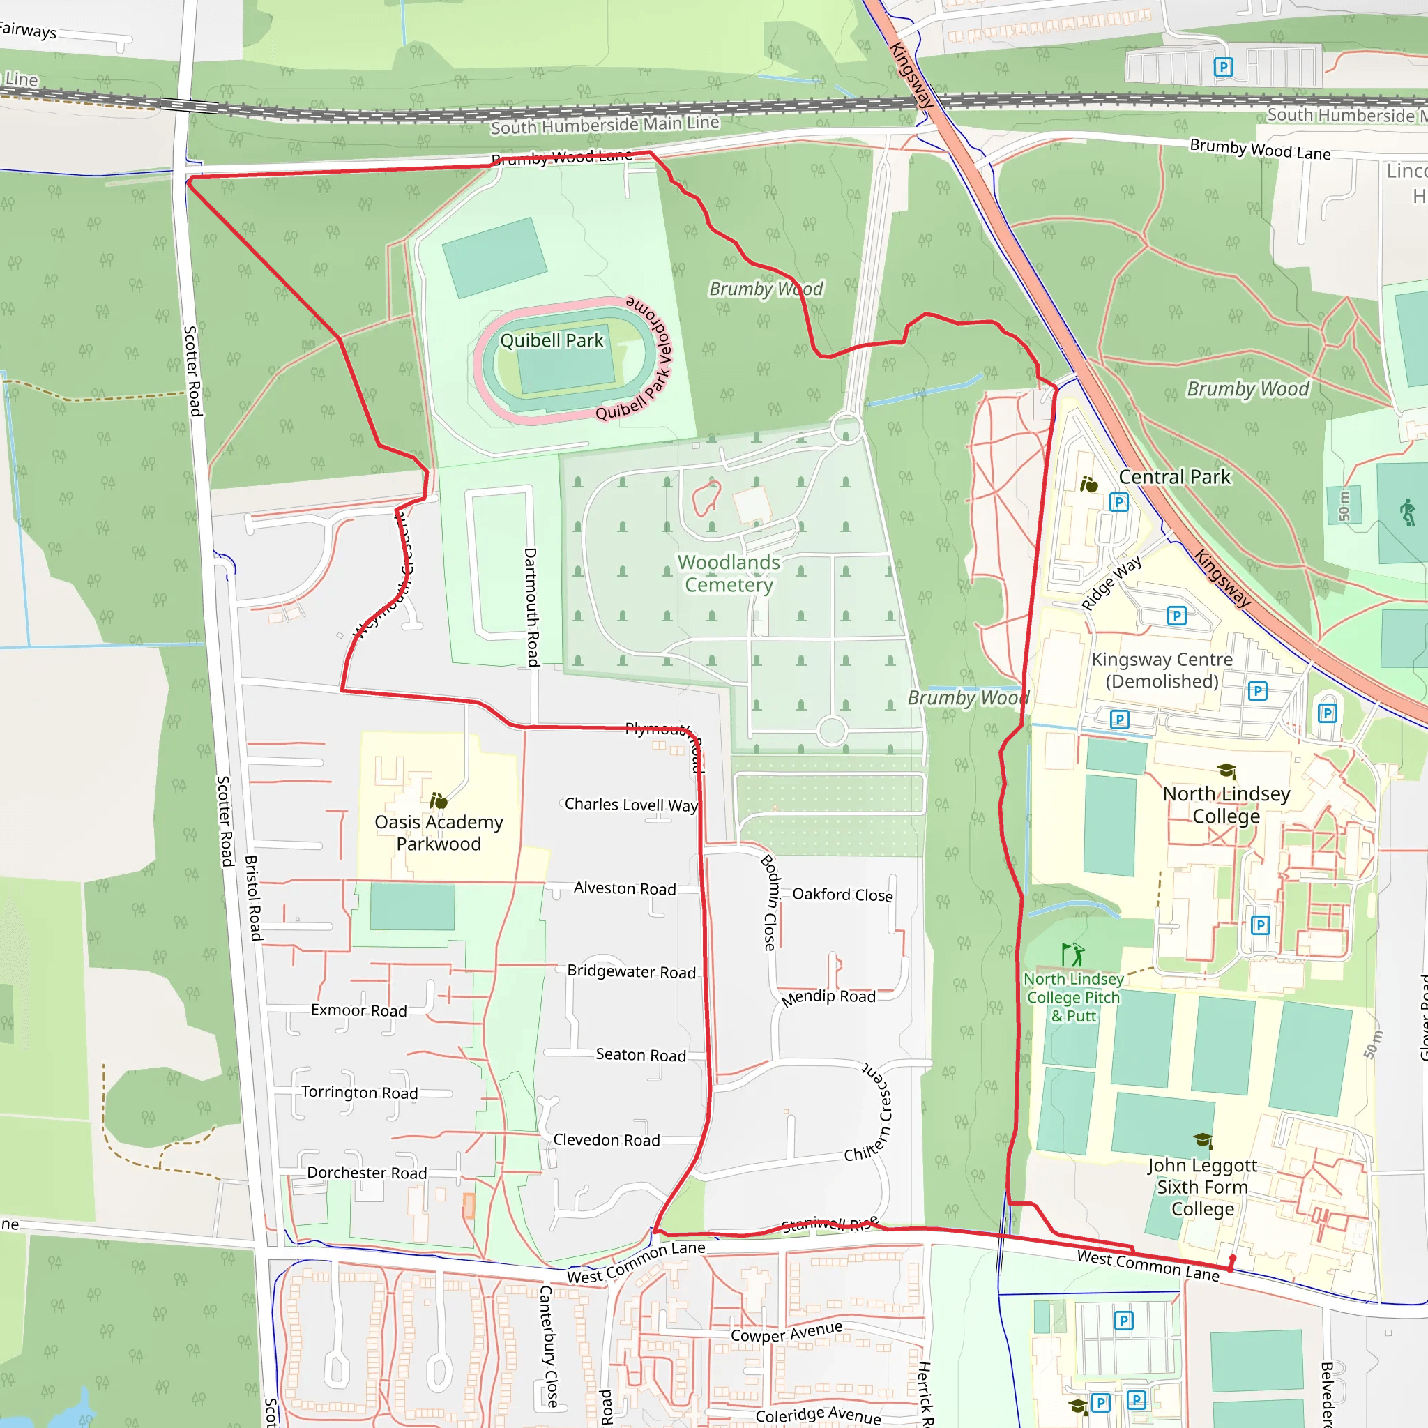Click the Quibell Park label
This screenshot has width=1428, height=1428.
click(552, 341)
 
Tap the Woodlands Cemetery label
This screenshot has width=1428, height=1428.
click(729, 574)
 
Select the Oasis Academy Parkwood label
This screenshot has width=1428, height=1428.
click(439, 833)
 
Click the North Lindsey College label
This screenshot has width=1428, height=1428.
click(1226, 805)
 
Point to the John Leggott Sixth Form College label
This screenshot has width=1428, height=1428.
click(1202, 1186)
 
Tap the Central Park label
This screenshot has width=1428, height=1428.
click(1174, 477)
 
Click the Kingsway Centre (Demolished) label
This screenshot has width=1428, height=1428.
click(1162, 670)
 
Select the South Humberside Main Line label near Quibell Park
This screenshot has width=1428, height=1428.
click(605, 125)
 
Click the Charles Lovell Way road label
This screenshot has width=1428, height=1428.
click(630, 804)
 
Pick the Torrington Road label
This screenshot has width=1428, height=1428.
click(359, 1093)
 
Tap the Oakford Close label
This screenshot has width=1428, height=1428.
click(842, 895)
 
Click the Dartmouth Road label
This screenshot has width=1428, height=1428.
click(531, 607)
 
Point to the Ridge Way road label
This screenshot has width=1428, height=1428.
click(1111, 583)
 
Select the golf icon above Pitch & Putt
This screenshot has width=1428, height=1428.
click(1073, 955)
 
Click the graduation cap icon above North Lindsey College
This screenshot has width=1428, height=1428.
click(1227, 772)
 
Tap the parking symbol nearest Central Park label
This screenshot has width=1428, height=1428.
click(1119, 503)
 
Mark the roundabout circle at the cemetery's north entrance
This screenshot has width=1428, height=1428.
click(846, 429)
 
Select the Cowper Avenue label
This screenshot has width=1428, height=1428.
click(787, 1332)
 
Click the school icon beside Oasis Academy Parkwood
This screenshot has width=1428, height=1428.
click(439, 800)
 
